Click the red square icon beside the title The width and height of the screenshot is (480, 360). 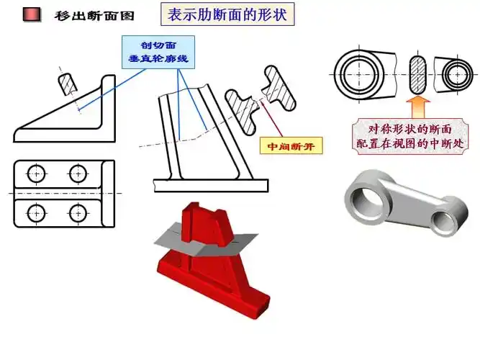[31, 15]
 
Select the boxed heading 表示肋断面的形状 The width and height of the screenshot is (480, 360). [226, 15]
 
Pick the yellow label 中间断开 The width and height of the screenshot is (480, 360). [291, 146]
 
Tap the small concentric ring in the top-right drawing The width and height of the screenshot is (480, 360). [458, 73]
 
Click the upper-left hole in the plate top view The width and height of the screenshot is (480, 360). [36, 173]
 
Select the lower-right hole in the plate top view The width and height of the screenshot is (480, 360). [77, 212]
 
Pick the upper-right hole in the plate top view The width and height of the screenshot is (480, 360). [77, 173]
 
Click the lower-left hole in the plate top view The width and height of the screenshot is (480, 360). [36, 212]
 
